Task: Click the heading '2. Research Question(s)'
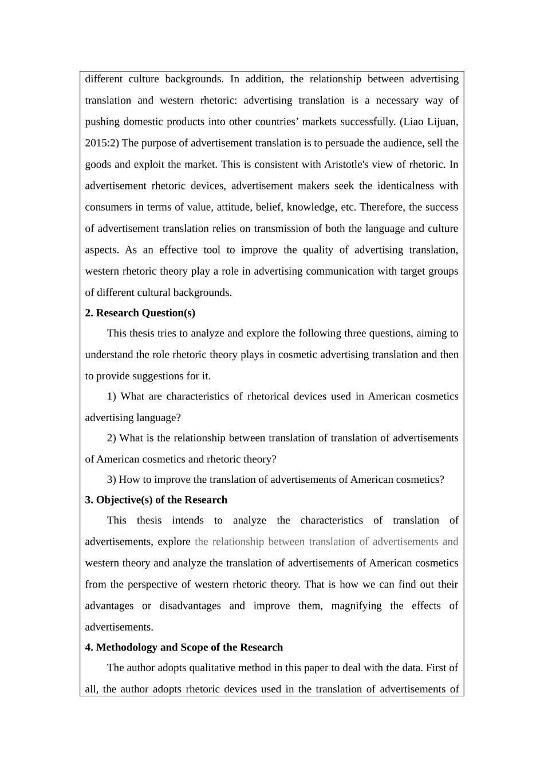coord(140,313)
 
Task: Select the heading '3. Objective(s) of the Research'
coord(156,500)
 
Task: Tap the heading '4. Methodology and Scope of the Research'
coord(184,648)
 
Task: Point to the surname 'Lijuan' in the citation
coord(441,122)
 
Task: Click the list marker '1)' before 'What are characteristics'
coord(112,397)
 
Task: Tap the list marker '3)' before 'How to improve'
coord(112,480)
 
